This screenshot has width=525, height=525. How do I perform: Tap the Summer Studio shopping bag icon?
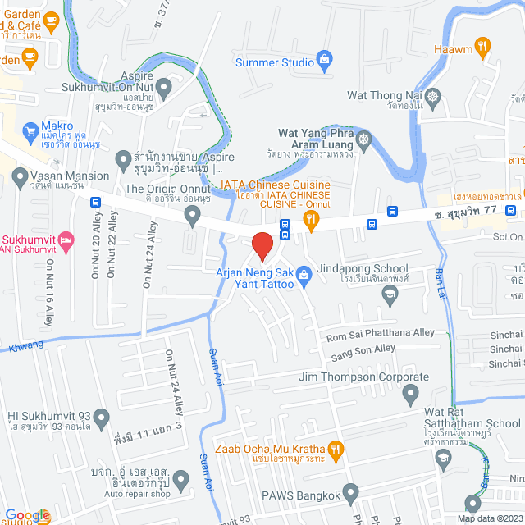[326, 60]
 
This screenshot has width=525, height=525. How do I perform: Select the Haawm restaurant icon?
[483, 46]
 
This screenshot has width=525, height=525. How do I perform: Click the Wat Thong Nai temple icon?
[435, 97]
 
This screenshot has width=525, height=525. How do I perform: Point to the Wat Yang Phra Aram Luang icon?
[363, 139]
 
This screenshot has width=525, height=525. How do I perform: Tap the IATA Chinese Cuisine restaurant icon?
[311, 218]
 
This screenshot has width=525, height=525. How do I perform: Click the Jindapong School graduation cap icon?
[390, 292]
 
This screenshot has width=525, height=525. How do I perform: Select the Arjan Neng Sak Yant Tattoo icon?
[304, 273]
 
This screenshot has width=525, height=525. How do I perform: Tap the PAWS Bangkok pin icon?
[351, 493]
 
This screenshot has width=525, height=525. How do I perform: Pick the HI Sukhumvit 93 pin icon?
[101, 420]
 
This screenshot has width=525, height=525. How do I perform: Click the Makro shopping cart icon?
[29, 129]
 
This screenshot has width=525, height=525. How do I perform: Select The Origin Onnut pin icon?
[194, 216]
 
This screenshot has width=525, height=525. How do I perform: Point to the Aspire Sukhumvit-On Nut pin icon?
[163, 86]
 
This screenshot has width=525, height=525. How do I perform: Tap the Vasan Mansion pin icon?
[18, 176]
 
